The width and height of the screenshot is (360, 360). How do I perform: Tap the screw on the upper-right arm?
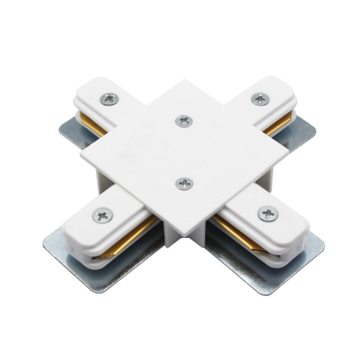258,98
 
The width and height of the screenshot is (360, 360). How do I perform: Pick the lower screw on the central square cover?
185,183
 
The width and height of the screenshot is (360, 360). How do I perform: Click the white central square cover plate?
185,153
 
